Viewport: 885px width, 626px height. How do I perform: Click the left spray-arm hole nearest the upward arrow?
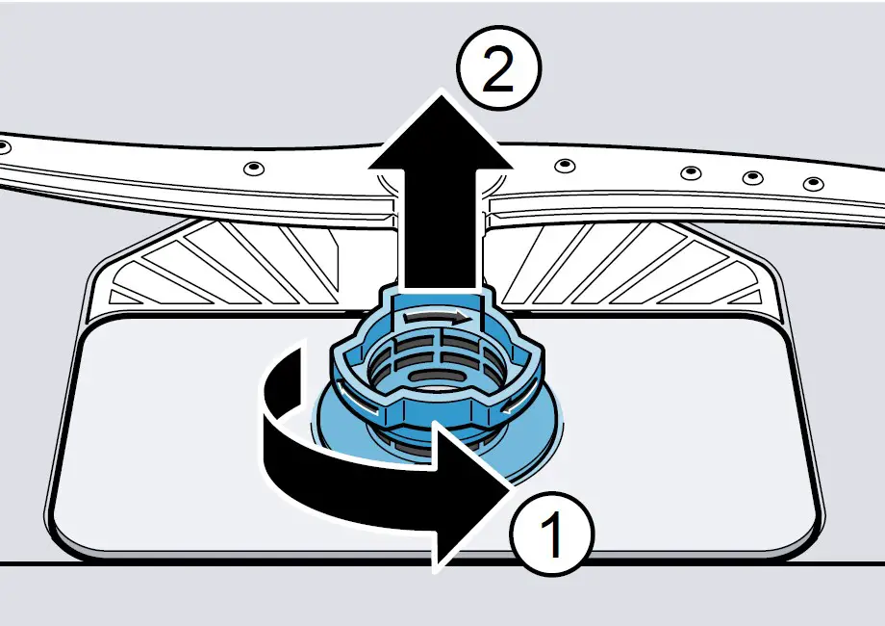click(253, 170)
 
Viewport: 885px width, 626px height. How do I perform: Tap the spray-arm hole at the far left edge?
click(5, 147)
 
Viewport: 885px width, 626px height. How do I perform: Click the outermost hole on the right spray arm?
click(813, 183)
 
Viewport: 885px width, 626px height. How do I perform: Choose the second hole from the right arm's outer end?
click(753, 177)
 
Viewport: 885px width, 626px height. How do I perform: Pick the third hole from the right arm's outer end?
click(690, 173)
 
